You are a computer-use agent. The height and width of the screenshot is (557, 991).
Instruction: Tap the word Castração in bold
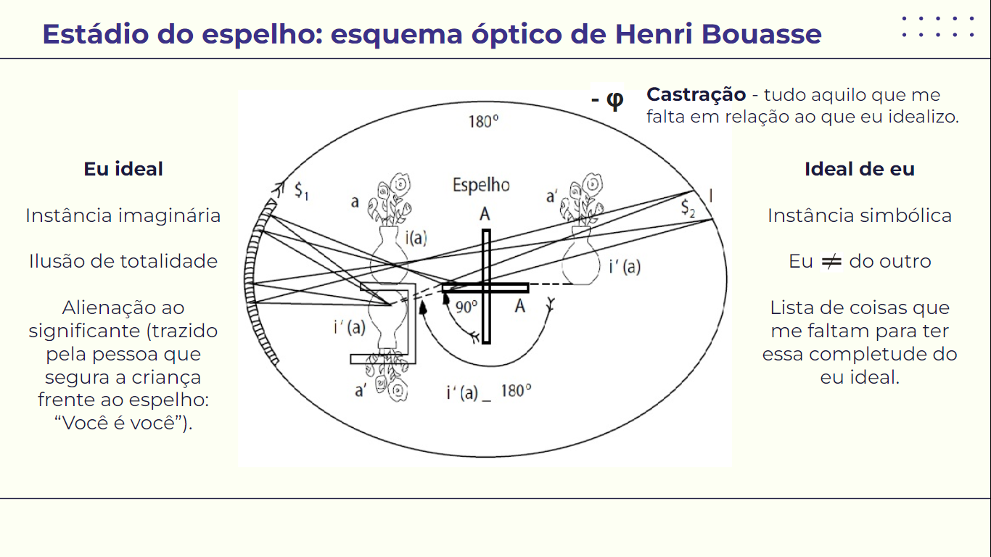696,94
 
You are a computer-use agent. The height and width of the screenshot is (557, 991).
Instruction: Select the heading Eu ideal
123,169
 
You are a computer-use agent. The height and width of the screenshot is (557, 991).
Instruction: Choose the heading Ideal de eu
859,169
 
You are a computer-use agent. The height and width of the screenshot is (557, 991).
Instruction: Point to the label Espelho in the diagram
481,185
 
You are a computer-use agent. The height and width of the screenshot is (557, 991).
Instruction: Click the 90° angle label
466,306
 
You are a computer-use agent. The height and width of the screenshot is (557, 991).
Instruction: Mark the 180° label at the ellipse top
483,121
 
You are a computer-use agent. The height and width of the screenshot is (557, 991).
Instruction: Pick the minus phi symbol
607,99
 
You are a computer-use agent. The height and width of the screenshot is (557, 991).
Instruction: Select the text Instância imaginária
123,215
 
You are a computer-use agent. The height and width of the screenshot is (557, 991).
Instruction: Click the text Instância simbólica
859,215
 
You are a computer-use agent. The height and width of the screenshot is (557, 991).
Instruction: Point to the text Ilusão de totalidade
123,261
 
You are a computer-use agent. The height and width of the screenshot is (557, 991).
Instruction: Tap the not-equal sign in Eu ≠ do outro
831,261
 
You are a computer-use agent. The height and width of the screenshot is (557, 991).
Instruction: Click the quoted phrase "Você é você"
123,424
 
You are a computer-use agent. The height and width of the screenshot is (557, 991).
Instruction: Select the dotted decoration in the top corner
938,27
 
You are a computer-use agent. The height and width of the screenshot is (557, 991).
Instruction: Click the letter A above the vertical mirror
485,214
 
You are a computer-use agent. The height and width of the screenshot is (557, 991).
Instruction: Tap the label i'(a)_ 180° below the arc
489,392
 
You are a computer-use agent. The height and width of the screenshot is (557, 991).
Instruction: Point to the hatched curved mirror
257,283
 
